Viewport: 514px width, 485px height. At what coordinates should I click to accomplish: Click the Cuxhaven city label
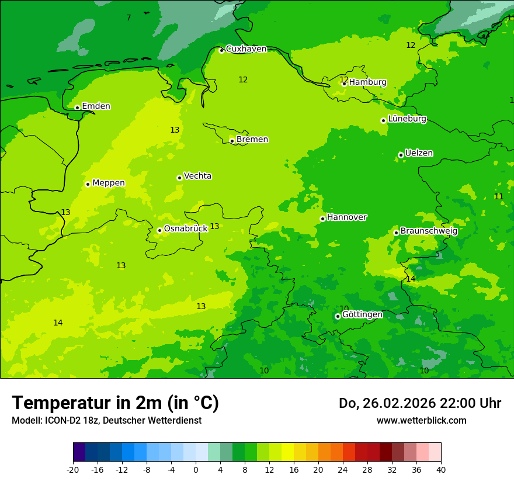[x=246, y=49]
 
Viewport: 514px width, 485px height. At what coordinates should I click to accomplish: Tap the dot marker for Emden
[x=77, y=108]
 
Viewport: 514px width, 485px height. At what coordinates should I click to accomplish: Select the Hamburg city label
[x=367, y=82]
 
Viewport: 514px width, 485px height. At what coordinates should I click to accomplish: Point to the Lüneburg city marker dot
[x=383, y=120]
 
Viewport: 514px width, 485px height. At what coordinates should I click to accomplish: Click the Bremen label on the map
[x=252, y=140]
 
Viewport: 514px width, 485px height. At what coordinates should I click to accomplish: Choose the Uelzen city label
[x=419, y=154]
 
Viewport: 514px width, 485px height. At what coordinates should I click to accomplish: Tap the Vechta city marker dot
[x=179, y=178]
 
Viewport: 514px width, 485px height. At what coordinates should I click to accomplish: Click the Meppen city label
[x=109, y=183]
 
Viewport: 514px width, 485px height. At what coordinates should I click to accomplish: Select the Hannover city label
[x=346, y=217]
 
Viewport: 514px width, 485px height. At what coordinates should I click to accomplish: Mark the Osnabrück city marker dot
[x=159, y=230]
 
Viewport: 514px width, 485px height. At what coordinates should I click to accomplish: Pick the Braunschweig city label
[x=429, y=231]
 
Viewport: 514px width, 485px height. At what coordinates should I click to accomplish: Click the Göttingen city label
[x=362, y=314]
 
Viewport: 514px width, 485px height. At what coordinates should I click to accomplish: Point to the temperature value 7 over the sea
[x=128, y=18]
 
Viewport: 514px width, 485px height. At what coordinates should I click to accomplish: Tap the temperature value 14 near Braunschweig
[x=411, y=279]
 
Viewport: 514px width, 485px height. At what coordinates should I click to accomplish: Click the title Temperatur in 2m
[x=115, y=403]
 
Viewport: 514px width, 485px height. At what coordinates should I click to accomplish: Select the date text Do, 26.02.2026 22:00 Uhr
[x=419, y=403]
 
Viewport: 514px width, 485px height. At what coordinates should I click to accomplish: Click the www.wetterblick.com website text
[x=421, y=420]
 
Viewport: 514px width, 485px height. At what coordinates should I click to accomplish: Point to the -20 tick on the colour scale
[x=73, y=469]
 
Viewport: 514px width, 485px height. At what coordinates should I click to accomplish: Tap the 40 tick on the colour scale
[x=440, y=469]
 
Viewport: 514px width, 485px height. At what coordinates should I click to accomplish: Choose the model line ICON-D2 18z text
[x=106, y=420]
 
